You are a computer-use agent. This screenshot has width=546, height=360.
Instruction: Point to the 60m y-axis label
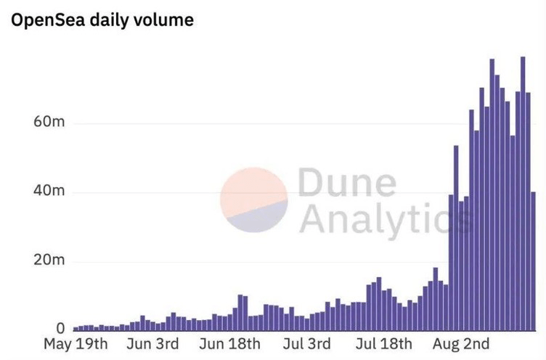click(49, 122)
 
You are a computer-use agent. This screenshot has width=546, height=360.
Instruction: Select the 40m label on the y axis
click(49, 192)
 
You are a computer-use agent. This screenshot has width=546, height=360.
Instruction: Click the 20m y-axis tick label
click(49, 261)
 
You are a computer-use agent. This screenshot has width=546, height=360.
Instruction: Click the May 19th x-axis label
click(76, 343)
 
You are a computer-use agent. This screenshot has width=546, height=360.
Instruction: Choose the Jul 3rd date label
click(306, 343)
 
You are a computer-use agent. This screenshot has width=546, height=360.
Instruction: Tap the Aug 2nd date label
click(462, 343)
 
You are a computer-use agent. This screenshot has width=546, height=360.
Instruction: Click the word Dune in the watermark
click(346, 184)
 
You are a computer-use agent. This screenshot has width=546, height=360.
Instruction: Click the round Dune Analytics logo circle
click(254, 200)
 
